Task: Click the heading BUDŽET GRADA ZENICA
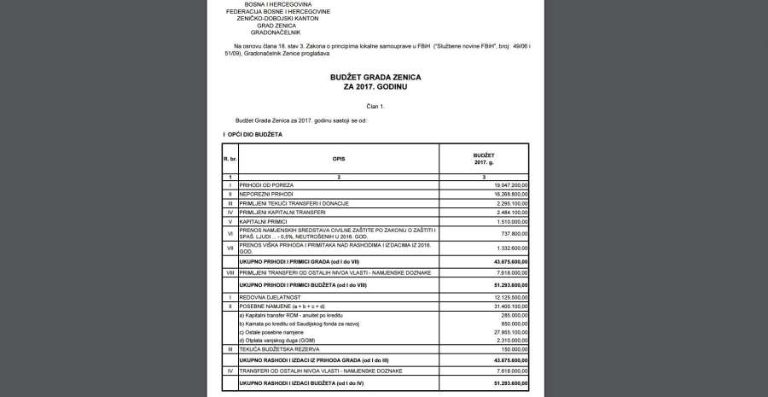point(375,77)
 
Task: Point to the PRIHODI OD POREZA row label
point(267,184)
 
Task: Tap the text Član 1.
point(375,106)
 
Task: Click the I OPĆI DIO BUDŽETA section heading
point(253,135)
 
